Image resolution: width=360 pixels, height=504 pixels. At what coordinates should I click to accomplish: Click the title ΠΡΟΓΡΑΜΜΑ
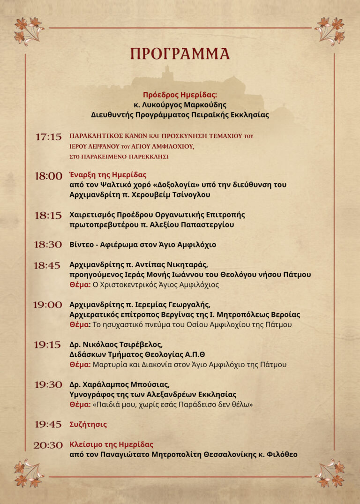[x=180, y=53]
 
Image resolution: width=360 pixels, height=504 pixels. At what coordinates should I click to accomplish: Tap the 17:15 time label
[x=48, y=137]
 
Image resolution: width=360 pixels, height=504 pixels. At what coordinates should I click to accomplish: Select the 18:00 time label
[x=48, y=176]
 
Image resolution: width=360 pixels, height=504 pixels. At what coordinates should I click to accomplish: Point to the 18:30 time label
[x=48, y=244]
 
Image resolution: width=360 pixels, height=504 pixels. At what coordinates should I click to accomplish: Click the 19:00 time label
[x=47, y=305]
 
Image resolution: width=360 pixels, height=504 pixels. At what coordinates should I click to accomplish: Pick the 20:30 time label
[x=48, y=445]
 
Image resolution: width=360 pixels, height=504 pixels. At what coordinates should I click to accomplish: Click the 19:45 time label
[x=48, y=424]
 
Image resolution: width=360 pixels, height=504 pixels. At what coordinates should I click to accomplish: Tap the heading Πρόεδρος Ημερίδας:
[x=180, y=95]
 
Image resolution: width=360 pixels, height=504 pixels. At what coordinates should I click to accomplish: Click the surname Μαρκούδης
[x=203, y=105]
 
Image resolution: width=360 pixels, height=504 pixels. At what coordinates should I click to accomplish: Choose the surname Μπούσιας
[x=146, y=384]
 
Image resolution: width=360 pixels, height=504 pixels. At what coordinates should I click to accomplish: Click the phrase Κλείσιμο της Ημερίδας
[x=112, y=444]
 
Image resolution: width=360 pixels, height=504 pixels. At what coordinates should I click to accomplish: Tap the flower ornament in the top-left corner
[x=27, y=29]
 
